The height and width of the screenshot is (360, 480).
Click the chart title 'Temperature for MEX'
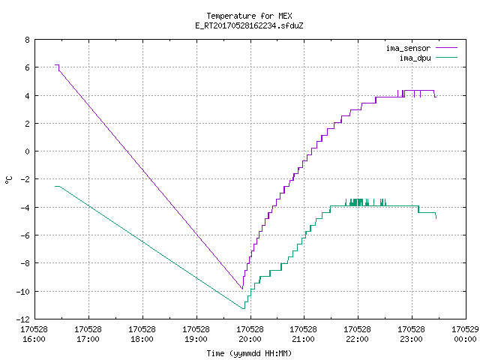pos(249,16)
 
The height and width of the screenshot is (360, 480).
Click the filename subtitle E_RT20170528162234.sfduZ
pos(249,25)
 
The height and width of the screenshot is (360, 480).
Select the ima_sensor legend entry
pos(421,48)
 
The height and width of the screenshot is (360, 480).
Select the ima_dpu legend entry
pos(428,58)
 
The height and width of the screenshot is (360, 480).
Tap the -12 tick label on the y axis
pos(23,319)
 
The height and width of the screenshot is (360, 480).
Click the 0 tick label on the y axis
pos(28,151)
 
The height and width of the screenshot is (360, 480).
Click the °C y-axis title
pos(8,180)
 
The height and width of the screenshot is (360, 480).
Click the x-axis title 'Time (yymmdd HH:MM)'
pos(249,353)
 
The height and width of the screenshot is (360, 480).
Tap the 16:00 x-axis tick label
pos(34,334)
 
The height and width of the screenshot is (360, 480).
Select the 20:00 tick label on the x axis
pos(250,334)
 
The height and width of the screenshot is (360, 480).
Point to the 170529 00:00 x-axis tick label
pos(465,334)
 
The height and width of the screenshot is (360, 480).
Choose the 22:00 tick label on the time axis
pos(357,334)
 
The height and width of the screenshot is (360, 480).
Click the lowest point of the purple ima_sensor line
pos(242,289)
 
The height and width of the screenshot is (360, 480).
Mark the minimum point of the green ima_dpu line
pos(244,308)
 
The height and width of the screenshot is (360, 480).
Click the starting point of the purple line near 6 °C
pos(55,65)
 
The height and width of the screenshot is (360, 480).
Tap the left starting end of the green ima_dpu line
pos(55,186)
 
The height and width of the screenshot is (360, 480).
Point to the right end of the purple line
pos(436,97)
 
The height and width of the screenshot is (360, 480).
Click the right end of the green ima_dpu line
pos(436,218)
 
